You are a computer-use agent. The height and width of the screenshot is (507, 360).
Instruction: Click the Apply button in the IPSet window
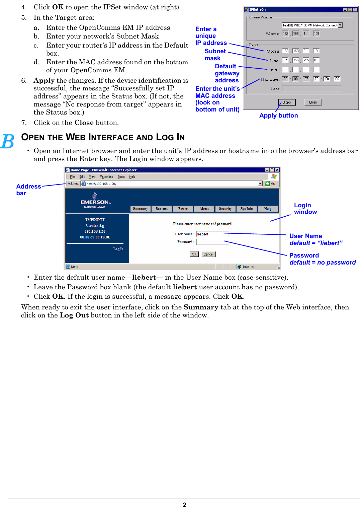(287, 102)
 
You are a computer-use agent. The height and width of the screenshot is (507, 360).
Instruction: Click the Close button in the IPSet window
(313, 102)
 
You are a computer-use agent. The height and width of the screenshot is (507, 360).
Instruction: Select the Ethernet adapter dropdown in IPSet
(312, 25)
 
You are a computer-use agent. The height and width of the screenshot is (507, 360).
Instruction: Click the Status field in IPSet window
(311, 88)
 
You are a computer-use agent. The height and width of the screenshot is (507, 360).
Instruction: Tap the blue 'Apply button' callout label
(278, 116)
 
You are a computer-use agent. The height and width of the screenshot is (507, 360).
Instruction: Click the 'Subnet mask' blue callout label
(215, 55)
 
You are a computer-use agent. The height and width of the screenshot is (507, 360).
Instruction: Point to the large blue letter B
(7, 141)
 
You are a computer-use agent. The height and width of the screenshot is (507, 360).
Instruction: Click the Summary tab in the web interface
(140, 209)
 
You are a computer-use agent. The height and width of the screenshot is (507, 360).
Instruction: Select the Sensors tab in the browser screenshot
(162, 209)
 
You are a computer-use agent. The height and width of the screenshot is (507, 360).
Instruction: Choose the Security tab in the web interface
(225, 209)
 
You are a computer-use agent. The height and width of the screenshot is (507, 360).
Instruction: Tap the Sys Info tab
(246, 209)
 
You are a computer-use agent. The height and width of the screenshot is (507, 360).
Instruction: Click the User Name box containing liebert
(212, 234)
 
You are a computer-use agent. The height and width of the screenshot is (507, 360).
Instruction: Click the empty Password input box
(212, 242)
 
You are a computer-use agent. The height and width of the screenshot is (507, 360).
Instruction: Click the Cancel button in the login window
(208, 254)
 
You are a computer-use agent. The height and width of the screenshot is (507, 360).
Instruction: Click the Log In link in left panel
(118, 249)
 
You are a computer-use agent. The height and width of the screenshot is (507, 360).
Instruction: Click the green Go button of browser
(270, 184)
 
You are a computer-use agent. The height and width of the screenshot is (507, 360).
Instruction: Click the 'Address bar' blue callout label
(28, 190)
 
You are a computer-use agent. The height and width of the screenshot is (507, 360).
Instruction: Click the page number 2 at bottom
(184, 504)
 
